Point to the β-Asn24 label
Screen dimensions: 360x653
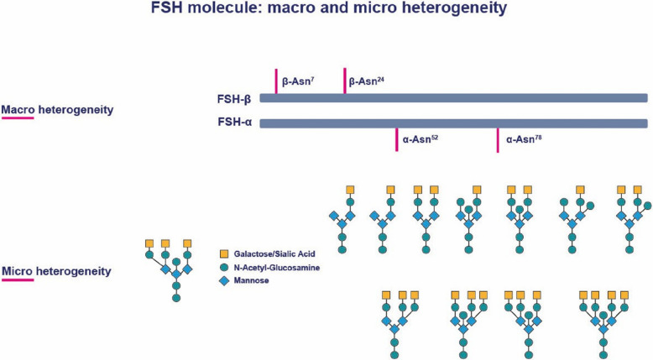(367, 83)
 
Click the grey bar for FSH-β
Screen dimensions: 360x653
(453, 98)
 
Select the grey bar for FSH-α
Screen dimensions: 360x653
(453, 124)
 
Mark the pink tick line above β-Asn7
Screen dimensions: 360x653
(275, 81)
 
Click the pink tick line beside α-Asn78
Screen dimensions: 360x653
(498, 140)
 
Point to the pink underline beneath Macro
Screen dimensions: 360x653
(17, 118)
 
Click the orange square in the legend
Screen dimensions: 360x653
(224, 252)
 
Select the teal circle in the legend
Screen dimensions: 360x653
(224, 266)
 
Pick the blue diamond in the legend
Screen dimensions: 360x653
(224, 280)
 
